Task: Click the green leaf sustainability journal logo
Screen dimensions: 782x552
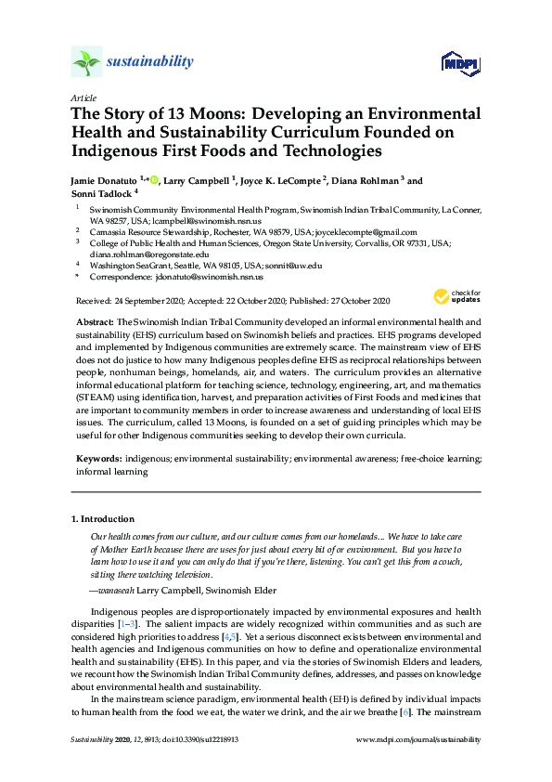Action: pos(86,62)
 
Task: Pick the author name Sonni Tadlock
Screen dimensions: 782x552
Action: pos(100,194)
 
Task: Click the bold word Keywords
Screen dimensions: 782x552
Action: pos(98,459)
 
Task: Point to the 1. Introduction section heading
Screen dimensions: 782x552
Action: pos(104,518)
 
